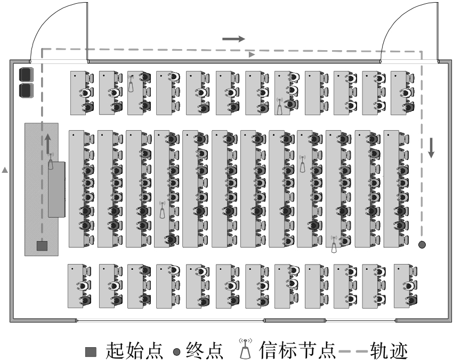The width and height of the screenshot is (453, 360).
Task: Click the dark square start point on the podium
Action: click(x=42, y=246)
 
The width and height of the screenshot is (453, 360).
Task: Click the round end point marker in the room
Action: click(x=422, y=245)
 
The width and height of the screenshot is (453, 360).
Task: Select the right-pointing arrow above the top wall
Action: click(x=233, y=39)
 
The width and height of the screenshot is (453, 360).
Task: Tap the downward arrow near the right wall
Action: click(x=431, y=148)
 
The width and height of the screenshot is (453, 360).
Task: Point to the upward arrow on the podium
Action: click(x=48, y=143)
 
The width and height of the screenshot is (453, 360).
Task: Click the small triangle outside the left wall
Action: click(x=5, y=170)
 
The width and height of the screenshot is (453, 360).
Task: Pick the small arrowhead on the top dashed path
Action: click(x=252, y=54)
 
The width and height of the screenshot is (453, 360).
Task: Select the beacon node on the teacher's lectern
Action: click(x=51, y=162)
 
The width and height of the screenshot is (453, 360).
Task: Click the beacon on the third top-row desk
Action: click(x=131, y=84)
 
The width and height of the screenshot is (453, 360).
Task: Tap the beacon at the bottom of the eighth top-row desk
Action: click(x=279, y=106)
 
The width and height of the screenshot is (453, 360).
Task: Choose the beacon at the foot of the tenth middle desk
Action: click(x=334, y=245)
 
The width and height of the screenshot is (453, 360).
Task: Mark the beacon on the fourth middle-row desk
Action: click(x=163, y=210)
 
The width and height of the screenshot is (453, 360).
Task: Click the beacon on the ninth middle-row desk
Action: click(x=303, y=164)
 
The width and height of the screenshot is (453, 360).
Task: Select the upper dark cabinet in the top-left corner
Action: click(x=26, y=74)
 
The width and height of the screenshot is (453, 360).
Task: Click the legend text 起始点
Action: click(x=134, y=350)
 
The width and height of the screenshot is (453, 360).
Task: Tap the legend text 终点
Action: click(x=205, y=350)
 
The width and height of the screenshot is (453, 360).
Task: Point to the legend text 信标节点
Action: click(x=297, y=350)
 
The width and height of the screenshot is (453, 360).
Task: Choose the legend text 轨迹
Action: click(x=389, y=350)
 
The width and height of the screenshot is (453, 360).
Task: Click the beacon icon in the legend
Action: click(x=245, y=348)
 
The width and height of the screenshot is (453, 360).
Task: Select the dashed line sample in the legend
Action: click(x=353, y=351)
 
